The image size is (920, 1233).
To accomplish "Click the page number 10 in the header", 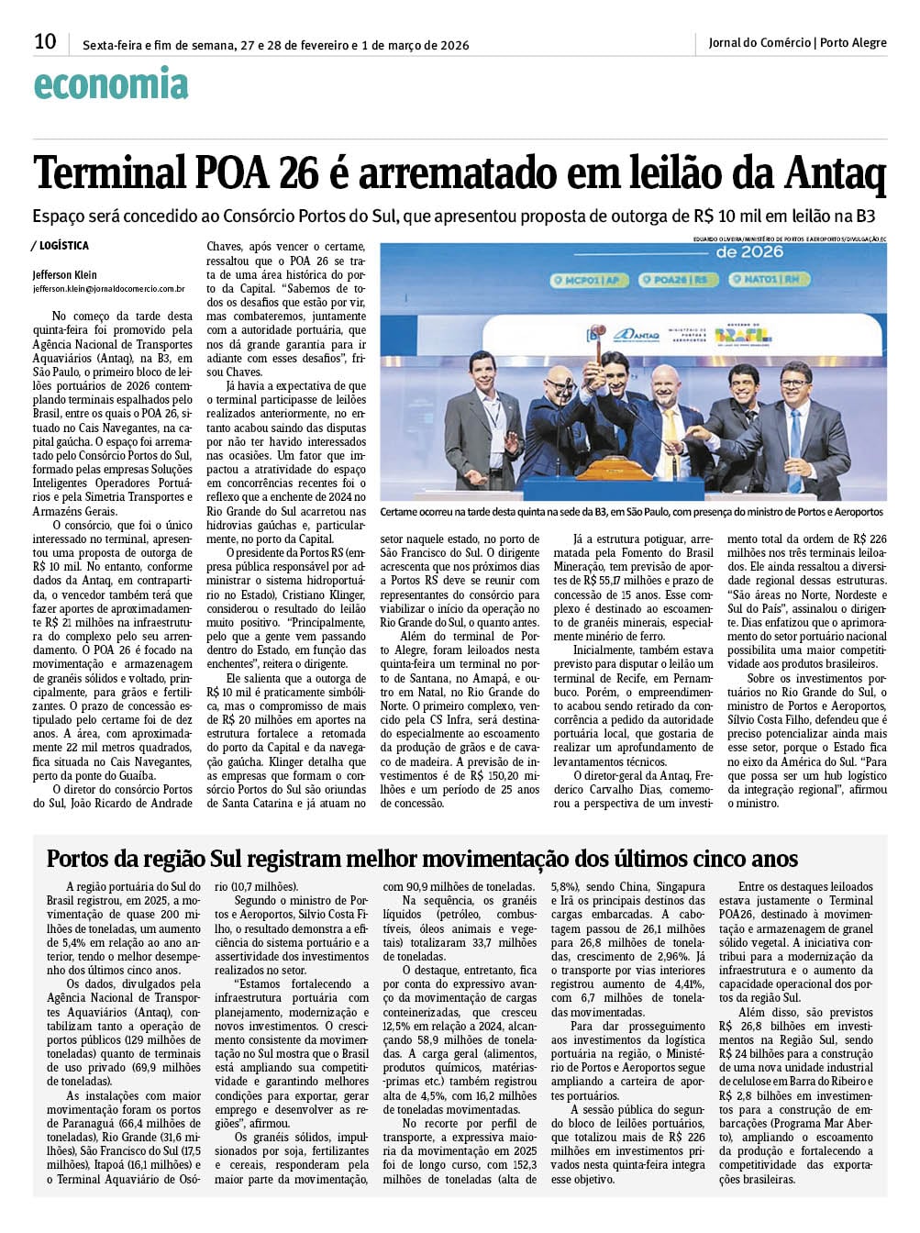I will [x=45, y=41].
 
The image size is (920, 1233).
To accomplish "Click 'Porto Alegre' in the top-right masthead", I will [x=853, y=42].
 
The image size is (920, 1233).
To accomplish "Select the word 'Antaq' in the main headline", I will [x=836, y=173].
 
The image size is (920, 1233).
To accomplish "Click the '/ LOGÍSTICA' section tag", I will [x=61, y=246].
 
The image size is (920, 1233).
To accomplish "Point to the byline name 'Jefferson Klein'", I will [x=64, y=274].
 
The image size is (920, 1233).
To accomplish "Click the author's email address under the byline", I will [x=109, y=288].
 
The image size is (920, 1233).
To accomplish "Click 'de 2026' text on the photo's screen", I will [x=749, y=251].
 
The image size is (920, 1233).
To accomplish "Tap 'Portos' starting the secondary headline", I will [x=76, y=859].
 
